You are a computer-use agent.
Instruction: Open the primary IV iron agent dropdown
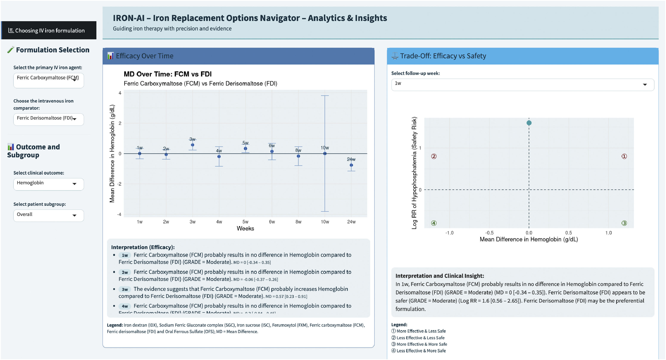(x=48, y=80)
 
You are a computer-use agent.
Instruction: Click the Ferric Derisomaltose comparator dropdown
(x=48, y=119)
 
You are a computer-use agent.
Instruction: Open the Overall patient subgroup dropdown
(x=48, y=215)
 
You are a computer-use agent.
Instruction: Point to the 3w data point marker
(x=192, y=145)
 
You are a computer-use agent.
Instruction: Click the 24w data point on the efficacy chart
(x=351, y=165)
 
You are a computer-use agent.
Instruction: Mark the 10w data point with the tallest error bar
(x=325, y=154)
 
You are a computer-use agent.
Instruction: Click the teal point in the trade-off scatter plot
(x=529, y=123)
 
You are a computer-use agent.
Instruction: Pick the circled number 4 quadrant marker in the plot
(x=434, y=223)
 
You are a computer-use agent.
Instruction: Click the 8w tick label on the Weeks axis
(x=298, y=222)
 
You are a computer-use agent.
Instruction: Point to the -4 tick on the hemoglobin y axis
(x=119, y=214)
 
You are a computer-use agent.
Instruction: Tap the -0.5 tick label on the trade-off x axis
(x=489, y=233)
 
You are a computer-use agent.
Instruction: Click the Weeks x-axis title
(x=245, y=228)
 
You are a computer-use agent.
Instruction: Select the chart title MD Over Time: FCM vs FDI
(x=168, y=74)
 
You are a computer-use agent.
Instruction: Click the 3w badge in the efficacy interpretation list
(x=125, y=289)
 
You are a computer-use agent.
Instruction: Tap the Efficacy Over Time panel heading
(x=145, y=56)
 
